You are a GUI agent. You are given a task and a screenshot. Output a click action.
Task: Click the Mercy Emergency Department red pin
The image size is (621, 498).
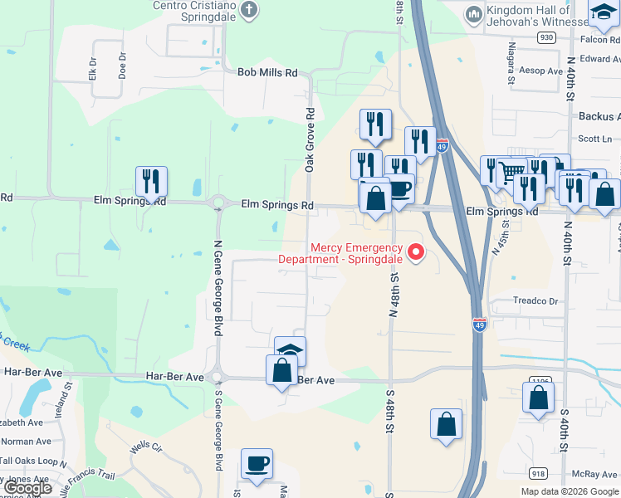pos(417,251)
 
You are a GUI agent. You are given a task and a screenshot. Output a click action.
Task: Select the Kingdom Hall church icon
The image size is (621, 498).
pos(474,13)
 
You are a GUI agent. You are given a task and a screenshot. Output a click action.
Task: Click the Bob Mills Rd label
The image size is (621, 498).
pos(267,73)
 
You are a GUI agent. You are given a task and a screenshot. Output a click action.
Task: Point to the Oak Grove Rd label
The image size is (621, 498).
pos(310,140)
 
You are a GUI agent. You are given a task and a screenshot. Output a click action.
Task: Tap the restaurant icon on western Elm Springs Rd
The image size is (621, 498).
pos(151,181)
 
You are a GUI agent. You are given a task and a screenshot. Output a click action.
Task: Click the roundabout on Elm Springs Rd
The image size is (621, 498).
pos(220,203)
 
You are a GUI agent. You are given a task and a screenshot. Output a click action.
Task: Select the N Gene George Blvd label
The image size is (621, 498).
pos(218,288)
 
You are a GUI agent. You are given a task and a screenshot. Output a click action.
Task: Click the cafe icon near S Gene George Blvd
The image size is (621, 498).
pos(257,463)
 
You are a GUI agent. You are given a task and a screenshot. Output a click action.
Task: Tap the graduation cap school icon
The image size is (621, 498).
pos(291,350)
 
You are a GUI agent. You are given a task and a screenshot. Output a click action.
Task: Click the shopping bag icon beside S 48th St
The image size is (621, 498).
pos(446,423)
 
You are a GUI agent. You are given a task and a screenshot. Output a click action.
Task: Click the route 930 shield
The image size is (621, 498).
pos(545,38)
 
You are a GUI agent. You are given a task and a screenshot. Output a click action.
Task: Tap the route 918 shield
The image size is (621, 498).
pos(538,474)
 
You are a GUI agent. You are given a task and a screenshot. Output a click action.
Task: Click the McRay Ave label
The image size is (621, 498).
pos(594,475)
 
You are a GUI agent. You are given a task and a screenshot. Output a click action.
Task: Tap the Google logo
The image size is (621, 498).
pos(28,488)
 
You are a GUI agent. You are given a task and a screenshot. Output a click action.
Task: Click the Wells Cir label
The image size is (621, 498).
pos(145,448)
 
